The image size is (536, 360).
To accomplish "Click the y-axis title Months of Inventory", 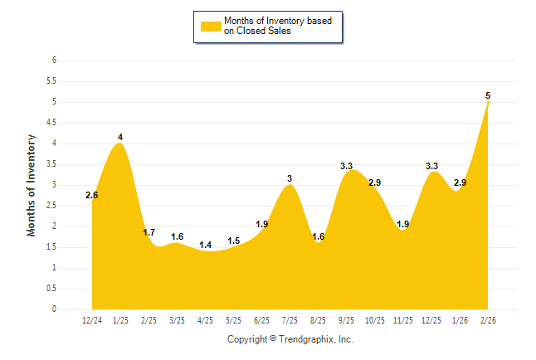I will [32, 185].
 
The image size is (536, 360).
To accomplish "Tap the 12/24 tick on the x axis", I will [92, 320].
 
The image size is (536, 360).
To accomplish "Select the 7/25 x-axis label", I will [290, 320].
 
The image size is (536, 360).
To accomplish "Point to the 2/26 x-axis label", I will [489, 320].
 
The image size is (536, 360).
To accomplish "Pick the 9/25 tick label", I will [347, 320].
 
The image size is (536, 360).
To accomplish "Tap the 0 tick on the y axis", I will [54, 309].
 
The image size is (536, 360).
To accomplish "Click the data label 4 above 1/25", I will [120, 137].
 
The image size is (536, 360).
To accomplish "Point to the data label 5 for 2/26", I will [489, 95].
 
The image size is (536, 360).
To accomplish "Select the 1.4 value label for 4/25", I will [206, 245].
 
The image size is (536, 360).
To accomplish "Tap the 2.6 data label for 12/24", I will [92, 196].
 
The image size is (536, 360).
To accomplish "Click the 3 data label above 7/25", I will [290, 178].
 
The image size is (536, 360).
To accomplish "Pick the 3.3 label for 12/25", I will [431, 166].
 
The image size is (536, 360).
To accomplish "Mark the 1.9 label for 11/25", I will [403, 224].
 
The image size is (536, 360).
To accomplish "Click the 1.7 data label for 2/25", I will [149, 232].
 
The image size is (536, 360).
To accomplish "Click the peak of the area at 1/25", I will [120, 144].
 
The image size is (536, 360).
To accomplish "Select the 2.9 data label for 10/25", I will [375, 182].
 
